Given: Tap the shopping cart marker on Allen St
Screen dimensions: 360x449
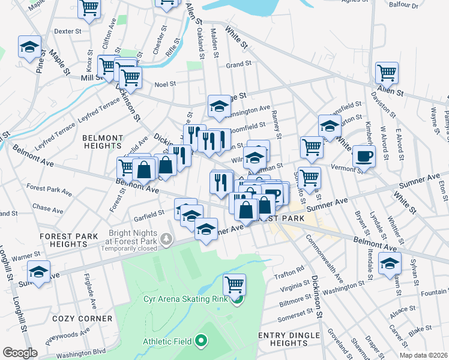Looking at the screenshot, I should [387, 73].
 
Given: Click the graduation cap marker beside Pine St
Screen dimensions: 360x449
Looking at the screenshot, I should [29, 47].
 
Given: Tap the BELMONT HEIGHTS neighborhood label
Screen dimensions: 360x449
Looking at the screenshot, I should [103, 142].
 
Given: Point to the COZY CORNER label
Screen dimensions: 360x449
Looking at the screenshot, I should [82, 319].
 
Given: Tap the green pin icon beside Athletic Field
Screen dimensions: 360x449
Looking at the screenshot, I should [200, 341].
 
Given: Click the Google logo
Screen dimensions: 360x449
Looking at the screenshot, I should [20, 353].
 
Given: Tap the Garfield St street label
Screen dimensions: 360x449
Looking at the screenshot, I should [149, 214].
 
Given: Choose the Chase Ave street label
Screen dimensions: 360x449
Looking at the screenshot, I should [48, 209].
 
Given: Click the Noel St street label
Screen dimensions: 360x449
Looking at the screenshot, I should [164, 85].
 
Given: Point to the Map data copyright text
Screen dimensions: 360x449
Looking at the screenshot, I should [423, 355].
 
